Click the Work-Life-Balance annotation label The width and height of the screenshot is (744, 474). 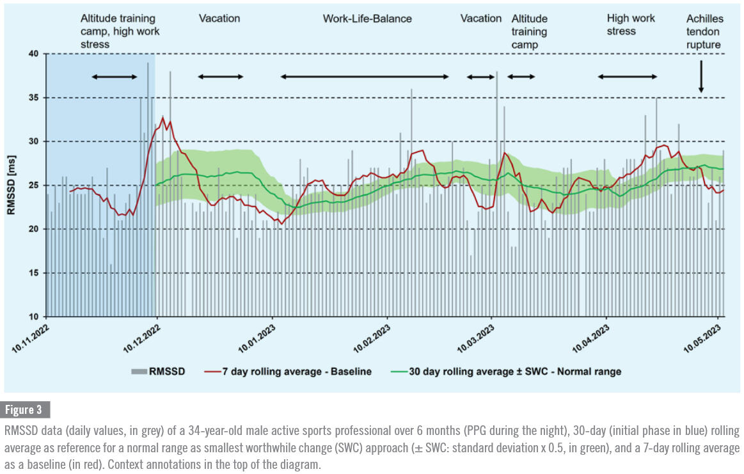tap(367, 19)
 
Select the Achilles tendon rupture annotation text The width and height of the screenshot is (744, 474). tap(703, 32)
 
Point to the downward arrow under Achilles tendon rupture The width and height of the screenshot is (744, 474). tap(701, 77)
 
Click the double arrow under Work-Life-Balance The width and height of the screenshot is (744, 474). tap(365, 77)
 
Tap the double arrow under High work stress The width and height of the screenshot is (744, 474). tap(628, 77)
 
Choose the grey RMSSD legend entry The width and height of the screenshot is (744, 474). tap(158, 371)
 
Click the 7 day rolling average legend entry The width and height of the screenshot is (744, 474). tap(287, 371)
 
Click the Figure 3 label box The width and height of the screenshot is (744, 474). tap(26, 410)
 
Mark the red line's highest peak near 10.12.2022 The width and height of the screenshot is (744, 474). tap(163, 118)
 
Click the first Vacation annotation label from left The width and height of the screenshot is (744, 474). tap(219, 19)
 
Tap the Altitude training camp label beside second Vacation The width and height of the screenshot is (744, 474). tap(529, 32)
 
